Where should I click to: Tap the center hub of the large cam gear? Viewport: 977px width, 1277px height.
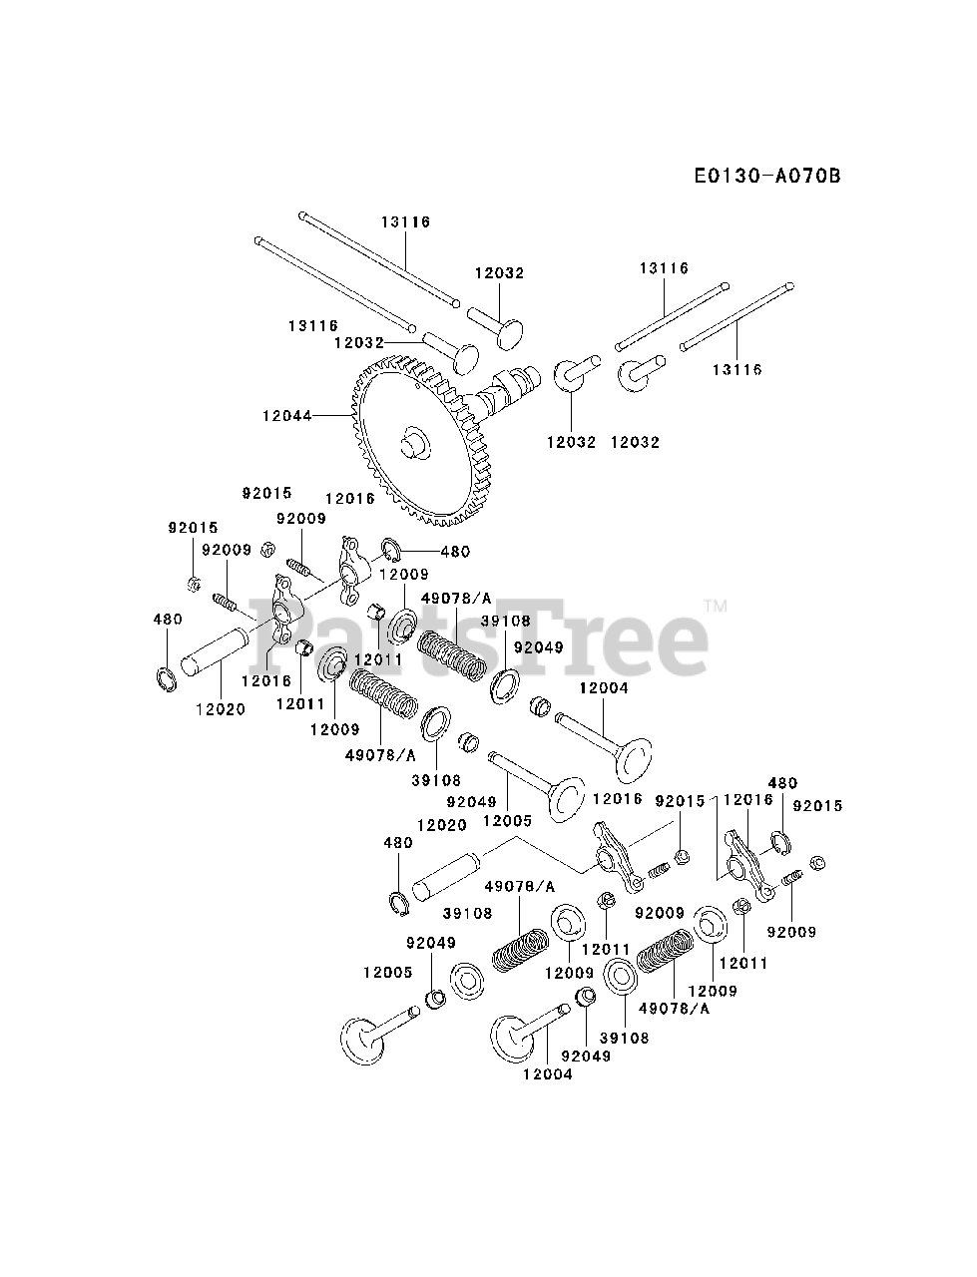[x=415, y=441]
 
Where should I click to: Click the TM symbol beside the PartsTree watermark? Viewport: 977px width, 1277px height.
[x=715, y=605]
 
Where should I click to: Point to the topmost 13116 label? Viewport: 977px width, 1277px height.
[x=404, y=221]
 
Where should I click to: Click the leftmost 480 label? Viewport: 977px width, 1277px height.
[x=168, y=619]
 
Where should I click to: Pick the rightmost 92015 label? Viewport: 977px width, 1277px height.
[x=818, y=805]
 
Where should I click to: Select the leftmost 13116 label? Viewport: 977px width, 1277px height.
[x=313, y=326]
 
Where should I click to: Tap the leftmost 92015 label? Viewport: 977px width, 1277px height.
[x=193, y=527]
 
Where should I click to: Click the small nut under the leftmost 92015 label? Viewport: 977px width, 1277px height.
[x=194, y=583]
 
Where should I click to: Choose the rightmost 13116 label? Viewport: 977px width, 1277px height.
[x=736, y=369]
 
